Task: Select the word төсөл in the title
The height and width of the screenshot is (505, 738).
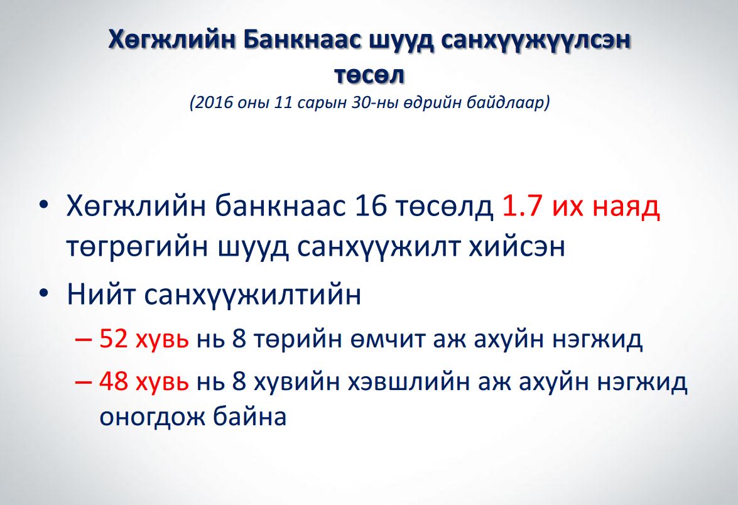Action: click(x=369, y=75)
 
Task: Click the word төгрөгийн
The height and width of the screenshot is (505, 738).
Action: click(x=137, y=247)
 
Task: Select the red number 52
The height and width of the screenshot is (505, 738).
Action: click(x=114, y=339)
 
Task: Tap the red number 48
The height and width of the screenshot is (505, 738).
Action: click(x=114, y=381)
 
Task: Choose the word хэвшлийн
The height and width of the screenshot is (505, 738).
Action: click(x=409, y=382)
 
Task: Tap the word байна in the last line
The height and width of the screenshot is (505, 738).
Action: click(x=249, y=416)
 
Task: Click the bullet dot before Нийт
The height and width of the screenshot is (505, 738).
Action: click(x=44, y=294)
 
